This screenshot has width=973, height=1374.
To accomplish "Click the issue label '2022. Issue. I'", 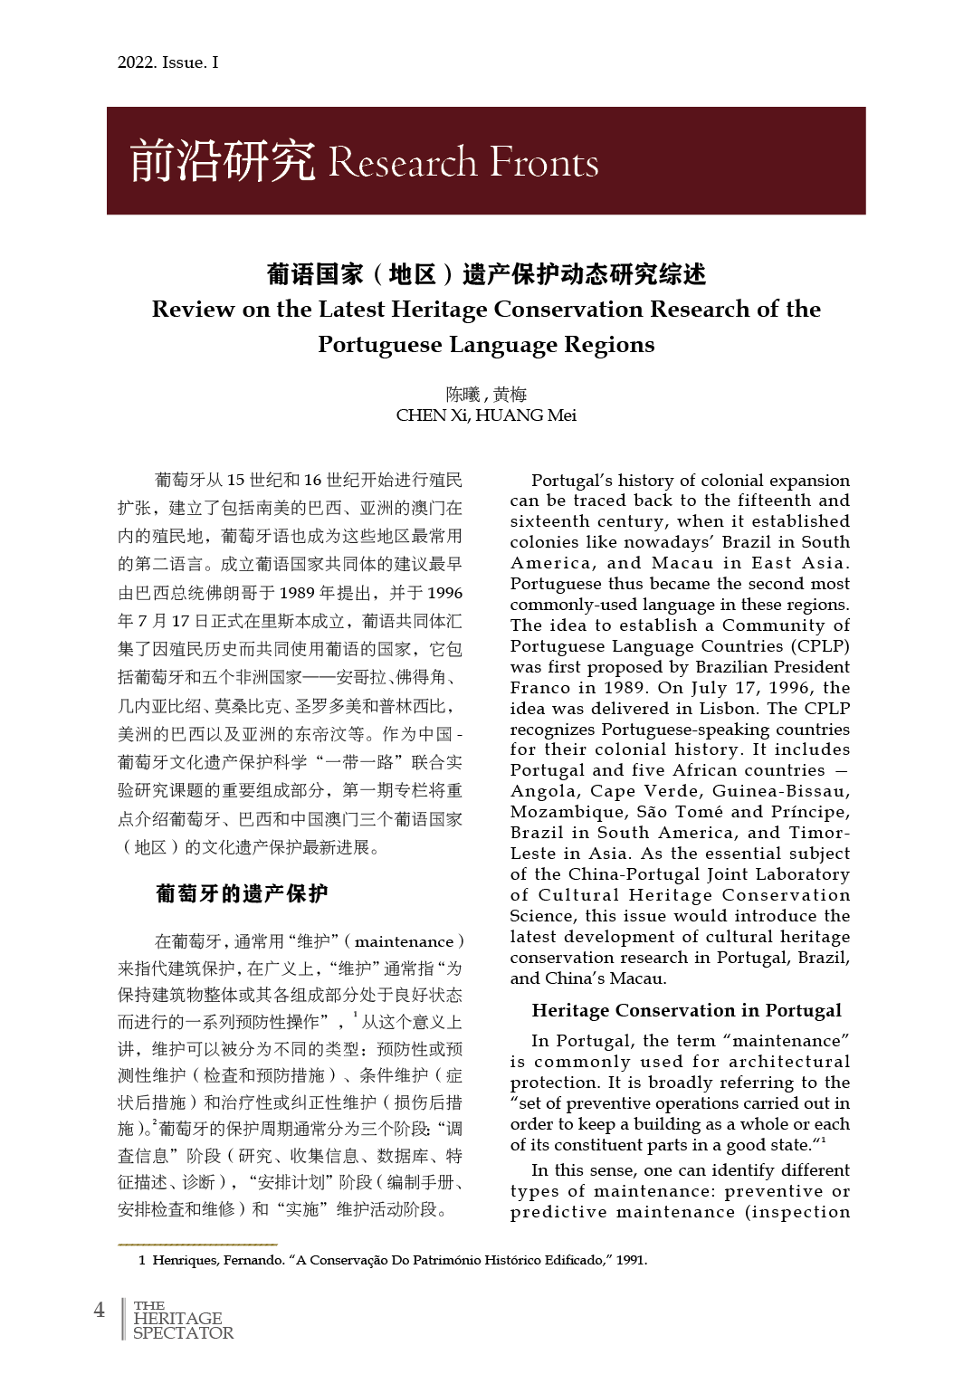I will point(167,62).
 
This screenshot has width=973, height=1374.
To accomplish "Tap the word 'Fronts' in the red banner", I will point(543,163).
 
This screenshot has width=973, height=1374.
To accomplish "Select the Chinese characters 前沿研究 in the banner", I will point(223,161).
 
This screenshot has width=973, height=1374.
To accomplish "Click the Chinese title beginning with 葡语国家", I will point(486,273).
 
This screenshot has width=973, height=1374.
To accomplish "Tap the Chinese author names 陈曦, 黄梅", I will point(486,395).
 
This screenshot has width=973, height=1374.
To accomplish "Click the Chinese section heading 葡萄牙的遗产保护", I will point(242,893).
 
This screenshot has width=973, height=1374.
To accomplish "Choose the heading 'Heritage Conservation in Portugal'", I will point(686,1010).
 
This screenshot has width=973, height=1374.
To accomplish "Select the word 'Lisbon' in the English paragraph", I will point(727,709).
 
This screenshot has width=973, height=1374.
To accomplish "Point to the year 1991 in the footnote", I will point(631,1260).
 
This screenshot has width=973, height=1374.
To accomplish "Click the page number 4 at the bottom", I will point(100,1310).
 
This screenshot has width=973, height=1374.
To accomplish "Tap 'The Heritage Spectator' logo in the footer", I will point(182,1320).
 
